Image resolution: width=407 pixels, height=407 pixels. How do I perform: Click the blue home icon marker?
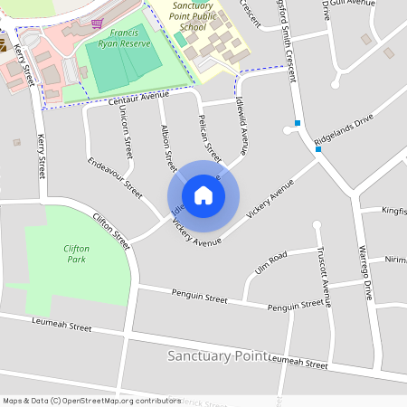(203, 194)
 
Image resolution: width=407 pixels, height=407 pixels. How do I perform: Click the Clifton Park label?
(77, 252)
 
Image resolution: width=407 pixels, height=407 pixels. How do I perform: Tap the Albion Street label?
(167, 147)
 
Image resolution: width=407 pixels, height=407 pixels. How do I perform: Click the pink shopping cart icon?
(97, 23)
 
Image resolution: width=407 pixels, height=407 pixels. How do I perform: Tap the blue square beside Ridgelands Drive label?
(318, 149)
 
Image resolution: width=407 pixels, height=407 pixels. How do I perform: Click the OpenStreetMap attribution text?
(91, 400)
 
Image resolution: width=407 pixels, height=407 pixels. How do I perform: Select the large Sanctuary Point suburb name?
(217, 355)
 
